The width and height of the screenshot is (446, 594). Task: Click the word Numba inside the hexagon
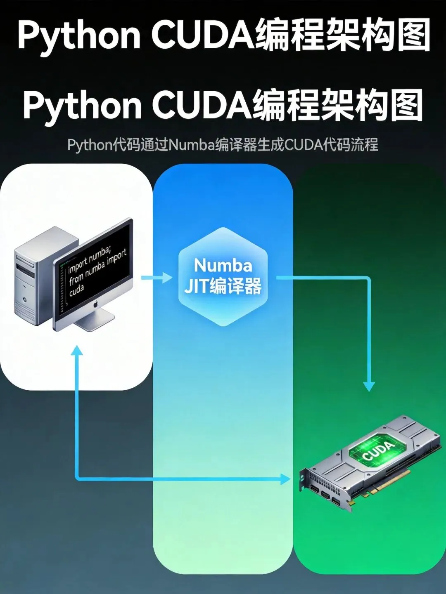coord(223,265)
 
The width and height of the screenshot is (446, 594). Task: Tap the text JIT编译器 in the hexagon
coord(223,286)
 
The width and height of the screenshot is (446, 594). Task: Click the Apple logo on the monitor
coord(95,305)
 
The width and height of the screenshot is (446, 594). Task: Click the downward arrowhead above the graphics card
coord(369,386)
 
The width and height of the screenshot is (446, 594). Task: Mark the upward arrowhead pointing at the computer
coord(77,351)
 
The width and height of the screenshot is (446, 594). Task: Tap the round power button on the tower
coord(26,300)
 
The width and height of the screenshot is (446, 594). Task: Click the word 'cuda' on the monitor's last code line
coord(76,291)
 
